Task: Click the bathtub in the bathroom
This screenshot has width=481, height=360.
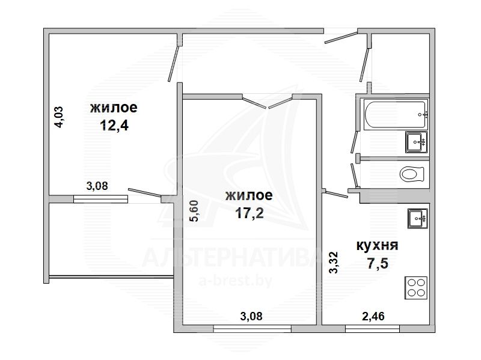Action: (x=396, y=114)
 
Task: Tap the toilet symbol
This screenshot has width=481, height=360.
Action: (x=412, y=174)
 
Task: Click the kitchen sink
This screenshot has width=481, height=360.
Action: (x=417, y=218)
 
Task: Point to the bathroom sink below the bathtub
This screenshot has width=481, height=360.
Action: (x=416, y=142)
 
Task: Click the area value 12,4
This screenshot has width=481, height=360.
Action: (x=114, y=126)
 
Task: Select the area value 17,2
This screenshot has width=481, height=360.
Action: (x=250, y=213)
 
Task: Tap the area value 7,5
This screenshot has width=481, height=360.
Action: (x=378, y=263)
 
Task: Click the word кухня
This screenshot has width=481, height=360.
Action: (x=378, y=246)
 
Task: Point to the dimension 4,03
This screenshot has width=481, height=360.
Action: (x=58, y=117)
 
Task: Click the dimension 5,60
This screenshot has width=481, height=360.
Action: (x=194, y=211)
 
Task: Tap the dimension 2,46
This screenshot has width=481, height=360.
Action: (x=373, y=316)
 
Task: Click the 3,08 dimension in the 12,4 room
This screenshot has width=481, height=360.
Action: (x=97, y=186)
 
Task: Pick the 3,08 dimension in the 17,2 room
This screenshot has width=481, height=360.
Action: (x=251, y=316)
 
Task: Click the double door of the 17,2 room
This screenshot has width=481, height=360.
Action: (x=268, y=101)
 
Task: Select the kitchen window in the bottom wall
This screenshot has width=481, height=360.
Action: (x=372, y=329)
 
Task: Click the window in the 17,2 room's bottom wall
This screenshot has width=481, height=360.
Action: (x=252, y=329)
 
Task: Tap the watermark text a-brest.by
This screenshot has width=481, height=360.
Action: (x=236, y=281)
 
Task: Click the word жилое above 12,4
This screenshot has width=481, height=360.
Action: (x=114, y=108)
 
